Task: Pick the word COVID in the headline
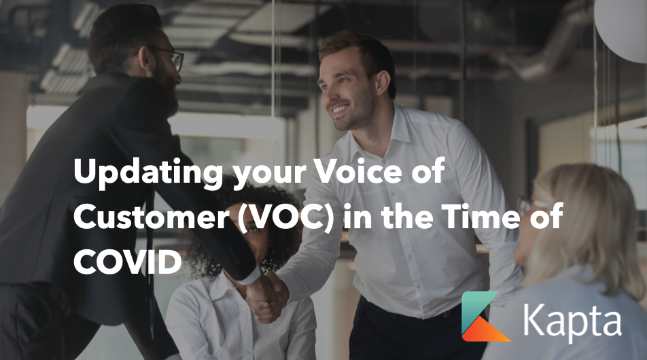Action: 128,262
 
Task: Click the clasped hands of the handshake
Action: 267,295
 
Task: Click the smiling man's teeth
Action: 340,109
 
